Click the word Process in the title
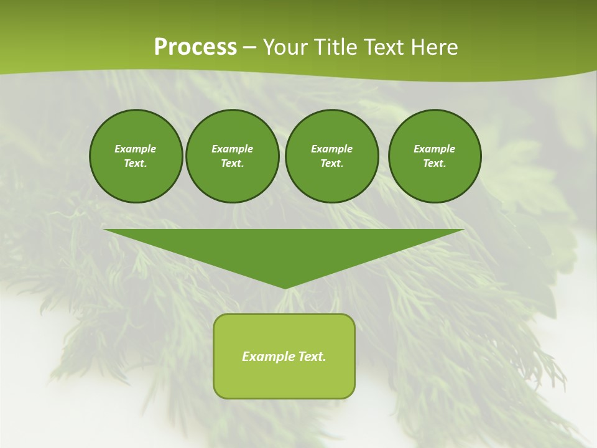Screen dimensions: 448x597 pos(195,47)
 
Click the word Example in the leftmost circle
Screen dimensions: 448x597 pos(136,149)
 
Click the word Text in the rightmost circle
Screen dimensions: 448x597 pos(434,164)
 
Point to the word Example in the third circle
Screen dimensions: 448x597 pos(331,149)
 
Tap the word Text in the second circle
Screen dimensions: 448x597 pos(232,164)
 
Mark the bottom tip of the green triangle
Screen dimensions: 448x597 pos(284,287)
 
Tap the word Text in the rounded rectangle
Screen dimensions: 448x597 pos(311,357)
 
